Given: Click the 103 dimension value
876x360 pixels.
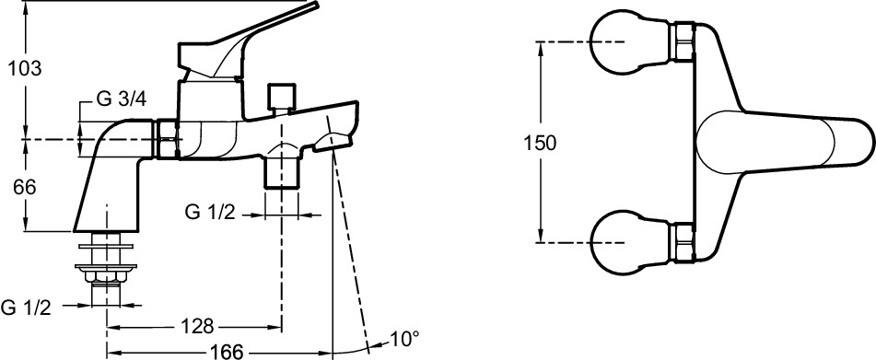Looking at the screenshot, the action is point(25,69).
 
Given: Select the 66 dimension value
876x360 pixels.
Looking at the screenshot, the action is point(25,188).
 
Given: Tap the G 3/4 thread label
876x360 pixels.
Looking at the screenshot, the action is point(122,99).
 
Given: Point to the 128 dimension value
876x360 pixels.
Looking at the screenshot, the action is point(197,325).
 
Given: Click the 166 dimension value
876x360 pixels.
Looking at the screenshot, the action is point(228,352).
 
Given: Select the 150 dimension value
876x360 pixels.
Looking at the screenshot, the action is point(540,144).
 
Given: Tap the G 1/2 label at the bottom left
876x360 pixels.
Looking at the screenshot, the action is point(27,308).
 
